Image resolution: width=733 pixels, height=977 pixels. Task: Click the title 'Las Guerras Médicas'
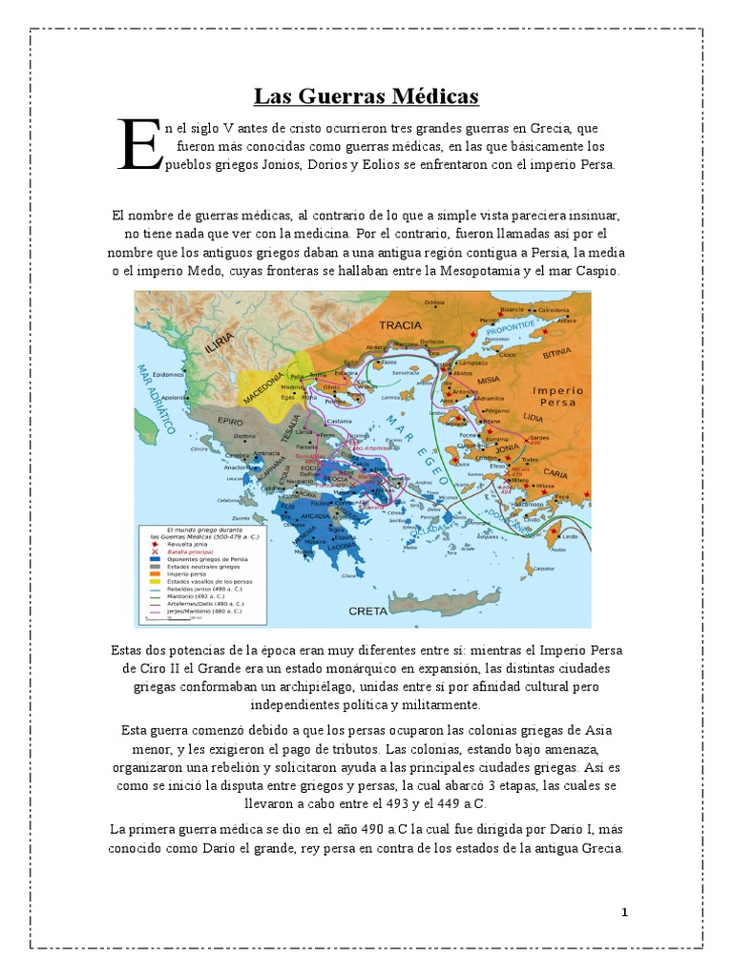(x=366, y=96)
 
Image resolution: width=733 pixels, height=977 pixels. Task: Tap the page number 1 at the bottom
(x=624, y=912)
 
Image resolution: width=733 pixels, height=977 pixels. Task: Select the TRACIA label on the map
(x=400, y=325)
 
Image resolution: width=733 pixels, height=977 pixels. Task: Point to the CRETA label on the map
(x=367, y=610)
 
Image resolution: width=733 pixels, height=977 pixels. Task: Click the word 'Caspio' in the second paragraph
(x=596, y=272)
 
